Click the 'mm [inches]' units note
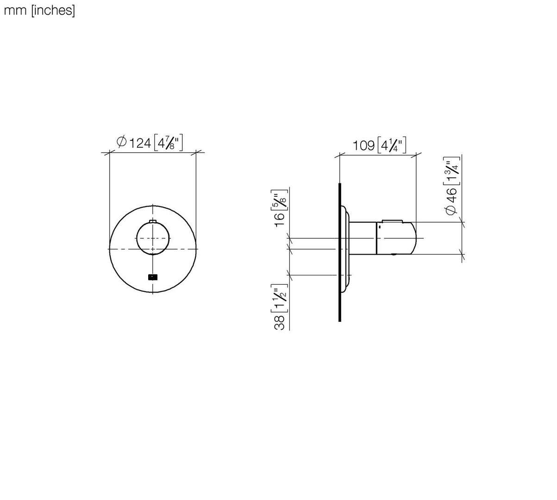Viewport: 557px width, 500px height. point(39,11)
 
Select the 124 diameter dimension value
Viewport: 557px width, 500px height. point(140,143)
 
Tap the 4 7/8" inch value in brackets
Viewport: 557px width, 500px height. point(168,143)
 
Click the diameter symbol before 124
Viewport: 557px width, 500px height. point(121,141)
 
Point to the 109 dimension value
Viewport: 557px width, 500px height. point(363,146)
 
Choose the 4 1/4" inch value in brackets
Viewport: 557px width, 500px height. point(392,145)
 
